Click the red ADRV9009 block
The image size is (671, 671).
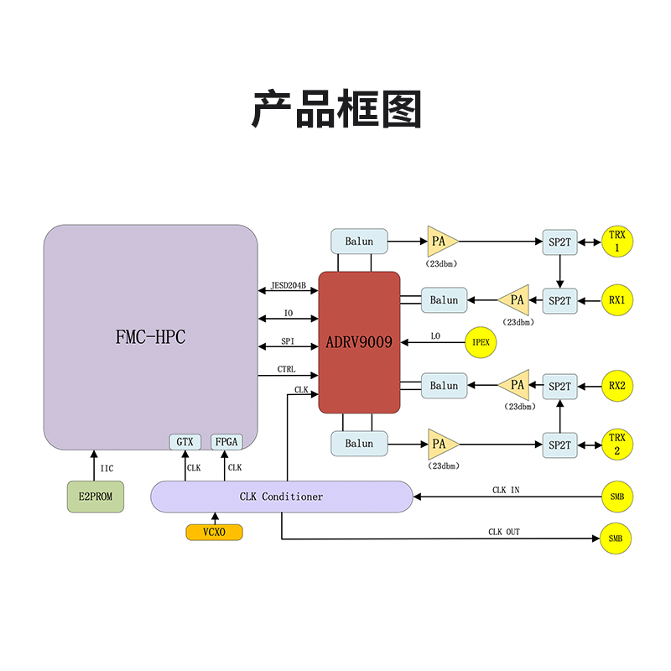click(359, 342)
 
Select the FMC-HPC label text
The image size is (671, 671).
click(150, 337)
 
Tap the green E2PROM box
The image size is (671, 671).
click(96, 497)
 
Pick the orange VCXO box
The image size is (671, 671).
click(214, 532)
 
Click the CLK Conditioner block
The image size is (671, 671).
click(281, 497)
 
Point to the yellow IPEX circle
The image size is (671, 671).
click(481, 342)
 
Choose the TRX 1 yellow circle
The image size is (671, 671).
click(616, 242)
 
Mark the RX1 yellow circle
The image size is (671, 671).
click(616, 299)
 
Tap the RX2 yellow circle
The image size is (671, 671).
click(616, 387)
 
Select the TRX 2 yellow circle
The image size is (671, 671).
click(616, 444)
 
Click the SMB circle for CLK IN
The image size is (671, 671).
click(616, 497)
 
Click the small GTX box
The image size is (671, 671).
click(185, 442)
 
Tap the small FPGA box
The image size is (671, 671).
click(225, 442)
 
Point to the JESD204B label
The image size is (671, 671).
click(288, 285)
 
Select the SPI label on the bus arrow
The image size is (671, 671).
click(288, 342)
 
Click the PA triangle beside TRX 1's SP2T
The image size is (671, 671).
click(441, 242)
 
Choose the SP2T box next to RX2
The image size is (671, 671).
click(559, 387)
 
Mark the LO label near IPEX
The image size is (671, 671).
click(435, 336)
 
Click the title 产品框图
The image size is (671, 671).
click(335, 110)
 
